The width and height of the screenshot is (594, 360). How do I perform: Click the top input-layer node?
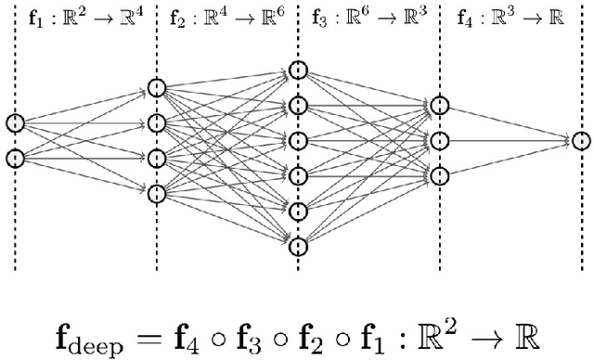(15, 122)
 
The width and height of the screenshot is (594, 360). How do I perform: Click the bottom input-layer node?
(15, 158)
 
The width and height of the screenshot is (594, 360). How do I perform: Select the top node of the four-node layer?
(157, 88)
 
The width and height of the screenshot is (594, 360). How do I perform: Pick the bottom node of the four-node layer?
(157, 193)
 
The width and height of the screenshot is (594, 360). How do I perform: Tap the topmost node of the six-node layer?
(297, 71)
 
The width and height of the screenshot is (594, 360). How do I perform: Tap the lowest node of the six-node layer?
(297, 246)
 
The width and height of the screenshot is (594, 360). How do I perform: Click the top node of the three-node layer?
(439, 105)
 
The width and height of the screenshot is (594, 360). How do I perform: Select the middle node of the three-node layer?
(439, 140)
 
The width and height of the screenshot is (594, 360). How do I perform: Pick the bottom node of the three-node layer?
(439, 175)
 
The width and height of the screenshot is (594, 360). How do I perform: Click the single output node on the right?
(580, 141)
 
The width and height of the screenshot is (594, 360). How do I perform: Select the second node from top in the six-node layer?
(297, 105)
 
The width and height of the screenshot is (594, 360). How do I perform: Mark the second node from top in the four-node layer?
(157, 123)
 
